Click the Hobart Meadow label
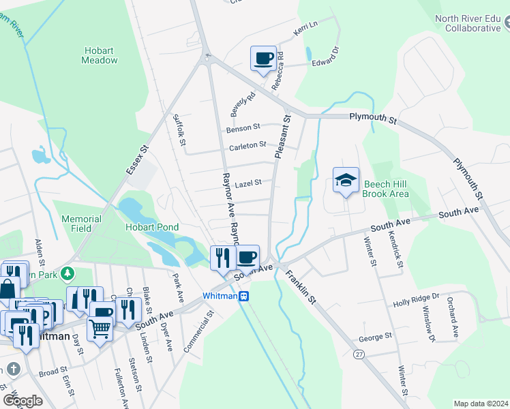(100, 55)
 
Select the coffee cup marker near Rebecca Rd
(263, 58)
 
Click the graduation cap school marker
(346, 181)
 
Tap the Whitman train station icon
(243, 296)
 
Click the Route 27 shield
(358, 354)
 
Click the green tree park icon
(67, 274)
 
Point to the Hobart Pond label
(151, 227)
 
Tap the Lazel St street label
(243, 184)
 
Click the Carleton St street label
(247, 145)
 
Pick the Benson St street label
(243, 127)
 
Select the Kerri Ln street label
(305, 25)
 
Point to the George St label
(375, 337)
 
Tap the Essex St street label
(136, 158)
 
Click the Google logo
(22, 401)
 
